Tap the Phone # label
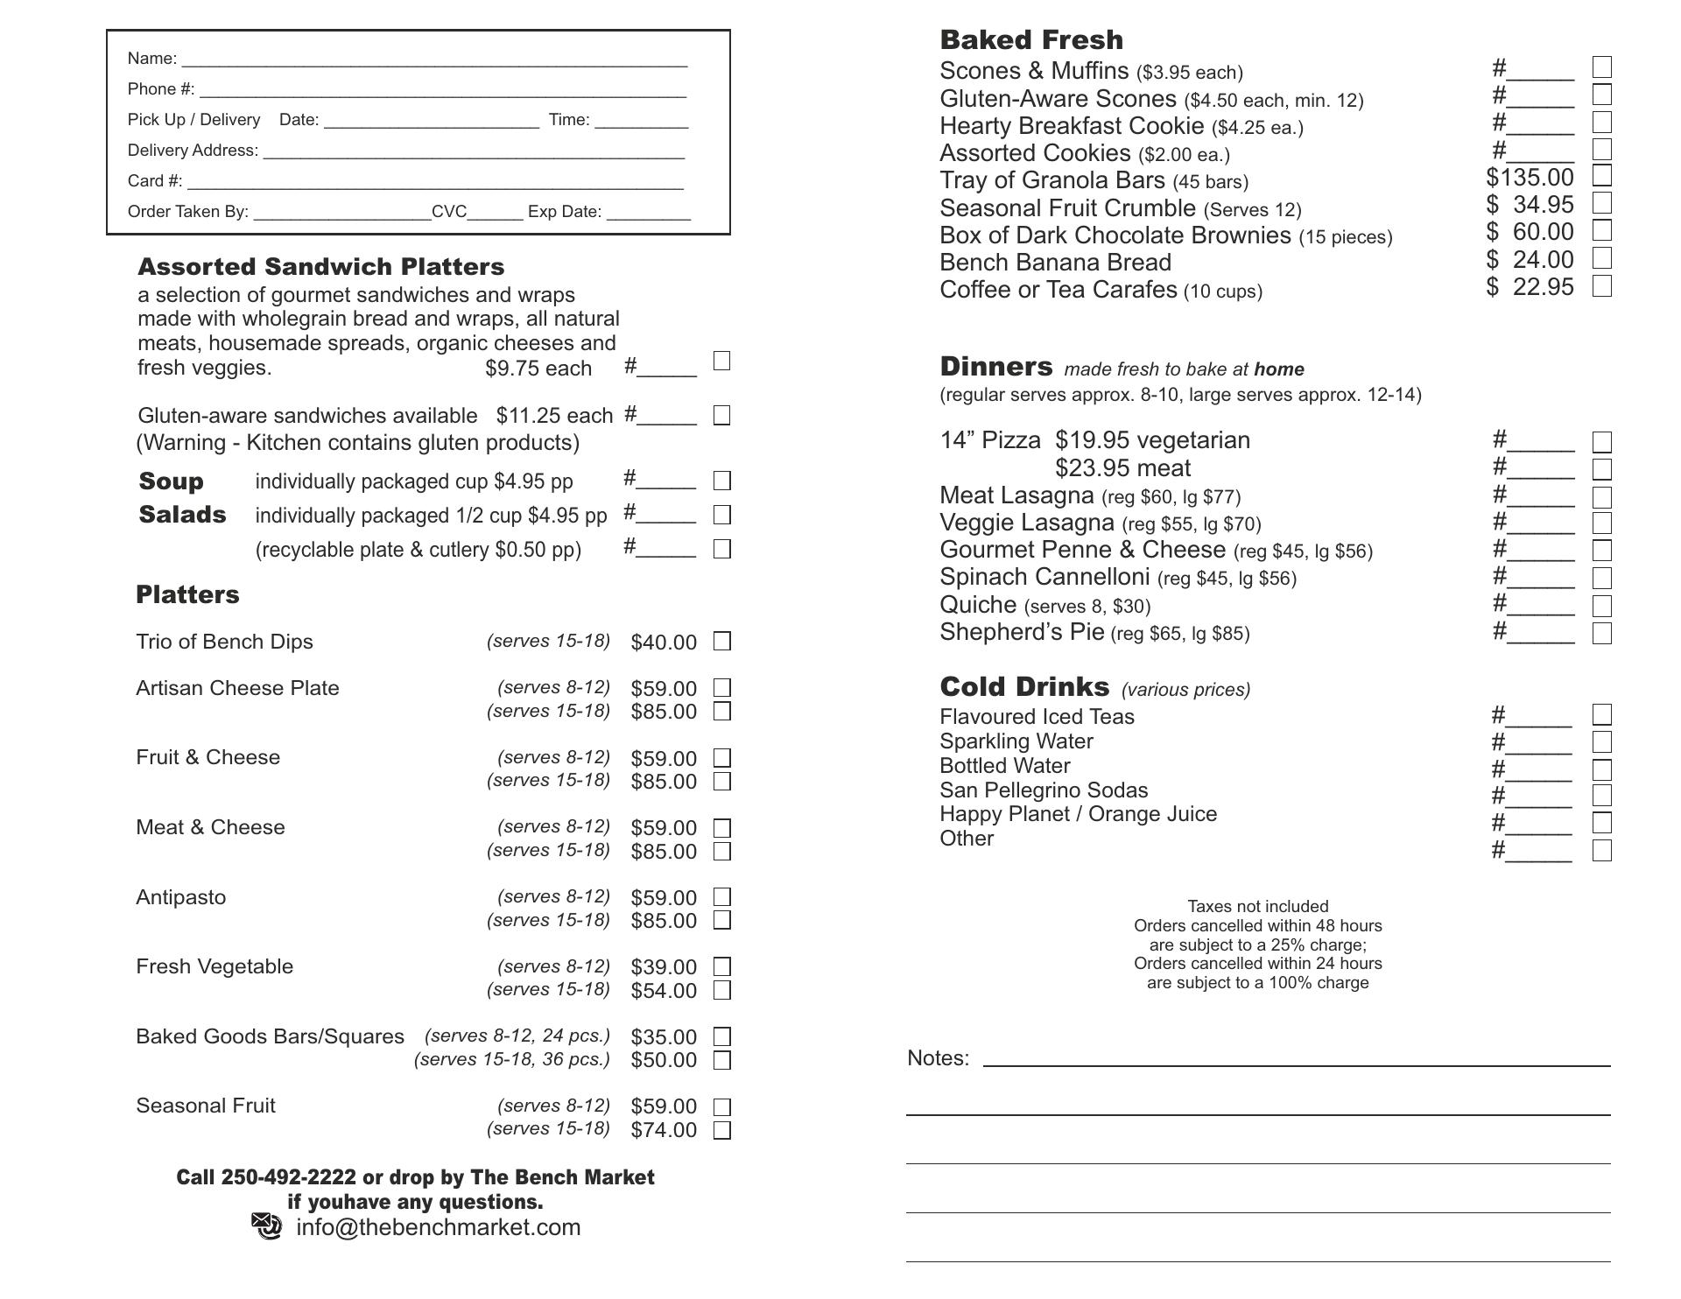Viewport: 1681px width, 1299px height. [x=161, y=89]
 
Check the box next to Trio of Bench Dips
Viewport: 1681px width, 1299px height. [x=722, y=642]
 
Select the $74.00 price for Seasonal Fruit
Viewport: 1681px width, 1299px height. [x=664, y=1130]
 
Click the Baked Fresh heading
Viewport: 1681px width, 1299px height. [x=1031, y=40]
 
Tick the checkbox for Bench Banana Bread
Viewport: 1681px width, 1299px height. [x=1601, y=259]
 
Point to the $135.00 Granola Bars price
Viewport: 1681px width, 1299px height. [x=1530, y=178]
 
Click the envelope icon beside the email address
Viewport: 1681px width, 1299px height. [x=267, y=1226]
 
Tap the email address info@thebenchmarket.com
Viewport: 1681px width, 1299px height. [x=439, y=1227]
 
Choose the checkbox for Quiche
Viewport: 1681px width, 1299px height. [x=1601, y=606]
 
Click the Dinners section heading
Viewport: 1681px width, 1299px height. [x=996, y=367]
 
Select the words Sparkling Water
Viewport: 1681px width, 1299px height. [x=1016, y=741]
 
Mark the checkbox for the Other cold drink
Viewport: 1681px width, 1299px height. [x=1601, y=850]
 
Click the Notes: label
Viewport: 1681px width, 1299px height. [x=938, y=1058]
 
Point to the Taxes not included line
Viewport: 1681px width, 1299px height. [x=1257, y=907]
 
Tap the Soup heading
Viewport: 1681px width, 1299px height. [x=172, y=481]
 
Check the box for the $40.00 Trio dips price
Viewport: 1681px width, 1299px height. [x=722, y=642]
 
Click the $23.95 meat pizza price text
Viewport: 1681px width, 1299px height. [x=1122, y=468]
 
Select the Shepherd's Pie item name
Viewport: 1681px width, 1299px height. [x=1022, y=632]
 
